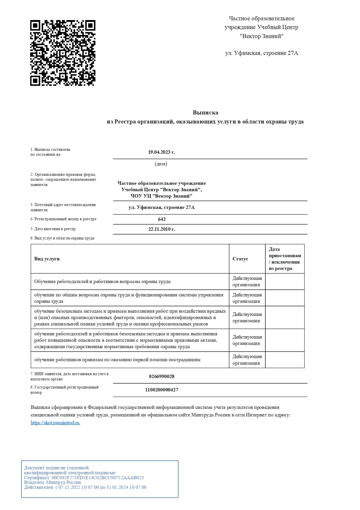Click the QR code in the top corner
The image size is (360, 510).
(63, 53)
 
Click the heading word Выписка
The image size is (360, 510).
(205, 112)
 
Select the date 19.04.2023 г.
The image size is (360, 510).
(161, 152)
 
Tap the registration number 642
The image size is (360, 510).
(162, 219)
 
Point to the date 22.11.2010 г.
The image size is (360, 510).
(162, 229)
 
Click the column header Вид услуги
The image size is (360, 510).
(47, 259)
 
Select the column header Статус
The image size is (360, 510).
(240, 259)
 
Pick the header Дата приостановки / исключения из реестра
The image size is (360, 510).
(285, 259)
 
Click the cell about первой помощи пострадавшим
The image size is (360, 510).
(117, 360)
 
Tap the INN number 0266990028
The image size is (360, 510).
(162, 376)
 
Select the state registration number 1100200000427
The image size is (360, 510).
(162, 390)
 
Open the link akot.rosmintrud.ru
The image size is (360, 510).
(55, 423)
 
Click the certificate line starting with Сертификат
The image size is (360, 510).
(84, 478)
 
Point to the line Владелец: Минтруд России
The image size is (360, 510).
(53, 482)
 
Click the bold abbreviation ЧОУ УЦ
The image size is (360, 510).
(141, 196)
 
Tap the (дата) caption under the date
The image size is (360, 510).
(161, 164)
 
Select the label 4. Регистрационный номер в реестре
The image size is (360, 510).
(63, 219)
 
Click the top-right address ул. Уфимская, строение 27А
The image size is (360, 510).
(262, 53)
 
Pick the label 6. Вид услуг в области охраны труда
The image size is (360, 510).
(62, 238)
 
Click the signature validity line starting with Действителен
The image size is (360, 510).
(85, 487)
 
